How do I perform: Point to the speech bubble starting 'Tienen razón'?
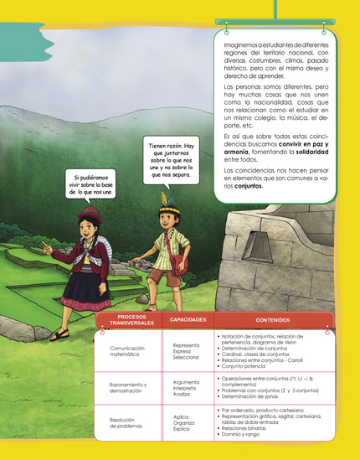[171, 160]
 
